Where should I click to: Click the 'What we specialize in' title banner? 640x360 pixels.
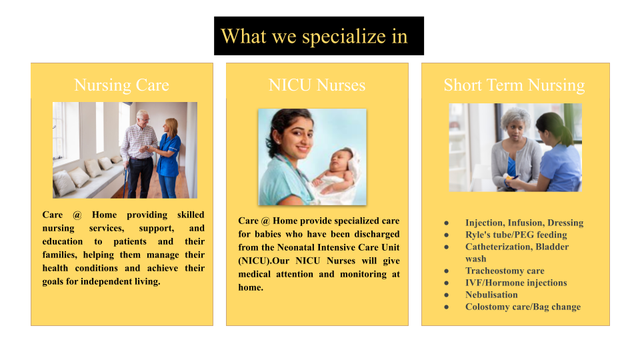319,36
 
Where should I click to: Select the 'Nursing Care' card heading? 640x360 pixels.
121,85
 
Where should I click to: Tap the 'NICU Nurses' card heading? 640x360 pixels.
317,85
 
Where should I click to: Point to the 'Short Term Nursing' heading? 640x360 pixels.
514,85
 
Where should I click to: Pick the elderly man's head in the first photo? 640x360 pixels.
143,119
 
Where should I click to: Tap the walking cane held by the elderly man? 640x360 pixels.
126,179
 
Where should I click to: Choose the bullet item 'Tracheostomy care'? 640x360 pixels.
505,271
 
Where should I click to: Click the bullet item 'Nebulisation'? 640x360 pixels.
491,295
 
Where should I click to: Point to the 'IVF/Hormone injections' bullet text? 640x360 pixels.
516,283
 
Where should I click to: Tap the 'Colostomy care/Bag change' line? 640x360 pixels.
523,307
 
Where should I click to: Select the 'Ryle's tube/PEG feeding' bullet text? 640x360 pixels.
516,235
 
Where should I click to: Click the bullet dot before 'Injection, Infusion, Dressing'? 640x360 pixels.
447,223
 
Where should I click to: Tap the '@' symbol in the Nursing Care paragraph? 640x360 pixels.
77,215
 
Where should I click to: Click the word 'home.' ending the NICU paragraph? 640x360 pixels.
251,287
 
